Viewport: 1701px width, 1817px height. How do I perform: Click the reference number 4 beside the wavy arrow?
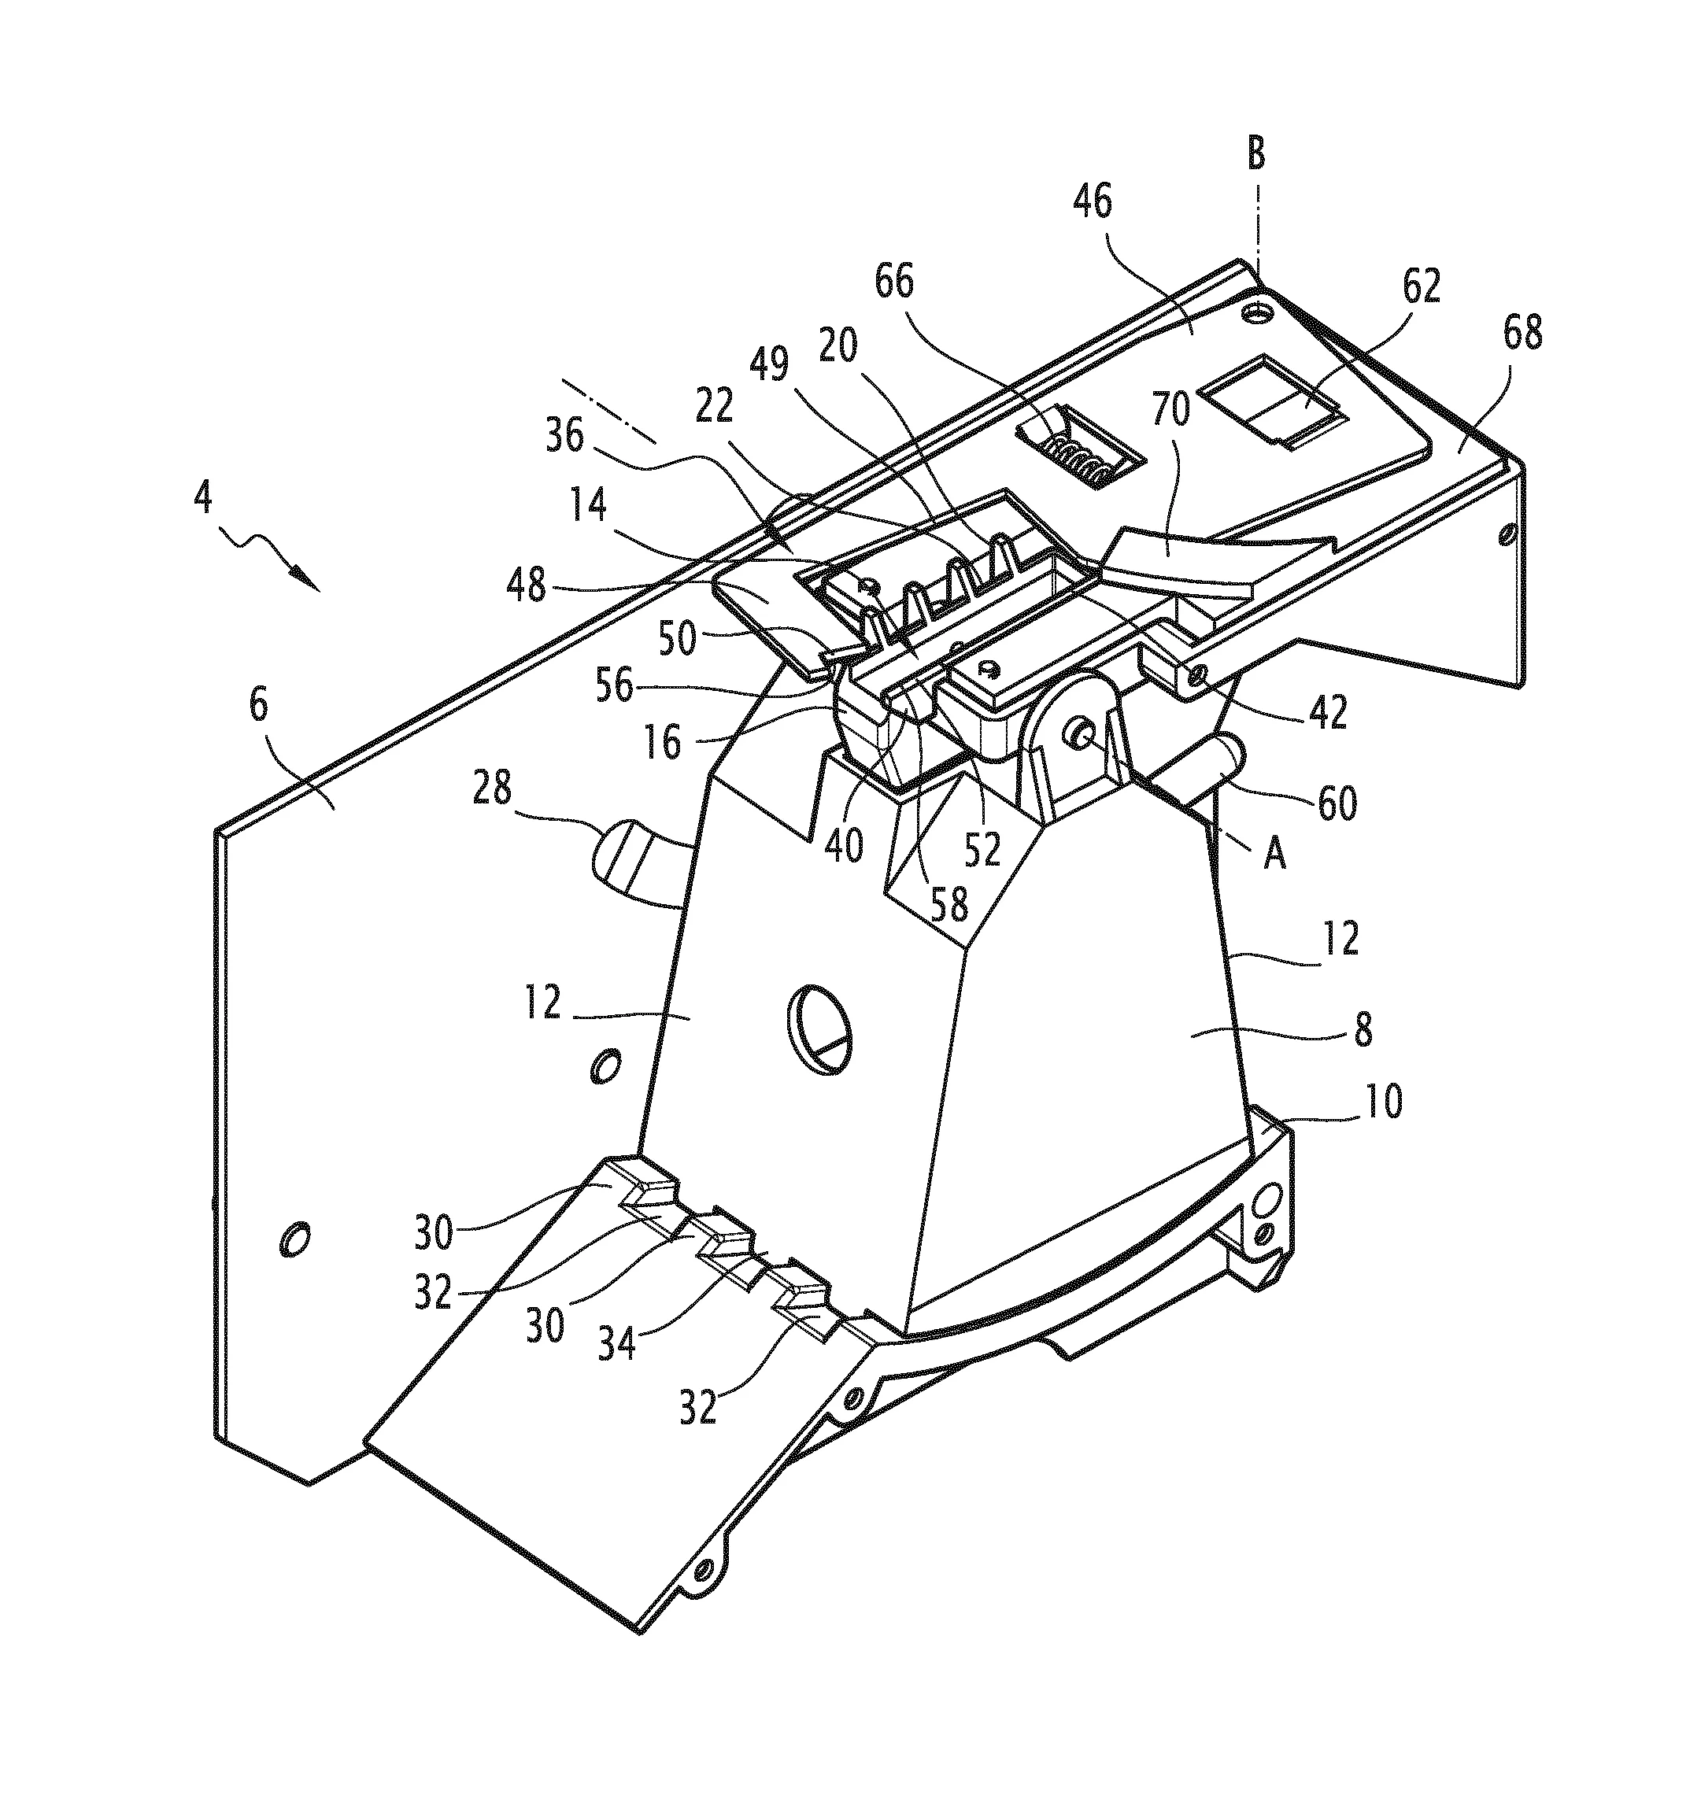pos(203,498)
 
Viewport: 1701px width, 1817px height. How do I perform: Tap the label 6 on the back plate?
pos(260,707)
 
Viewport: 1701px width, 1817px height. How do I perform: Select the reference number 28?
pos(493,788)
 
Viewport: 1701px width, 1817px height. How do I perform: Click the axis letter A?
pos(1274,855)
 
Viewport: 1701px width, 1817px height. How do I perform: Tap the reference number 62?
pos(1419,287)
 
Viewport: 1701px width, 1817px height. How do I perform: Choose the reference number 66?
pos(894,282)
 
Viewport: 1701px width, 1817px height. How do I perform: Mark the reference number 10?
pos(1384,1102)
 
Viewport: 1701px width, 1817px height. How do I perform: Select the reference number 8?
pos(1362,1029)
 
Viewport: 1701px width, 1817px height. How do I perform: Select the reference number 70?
pos(1170,408)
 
